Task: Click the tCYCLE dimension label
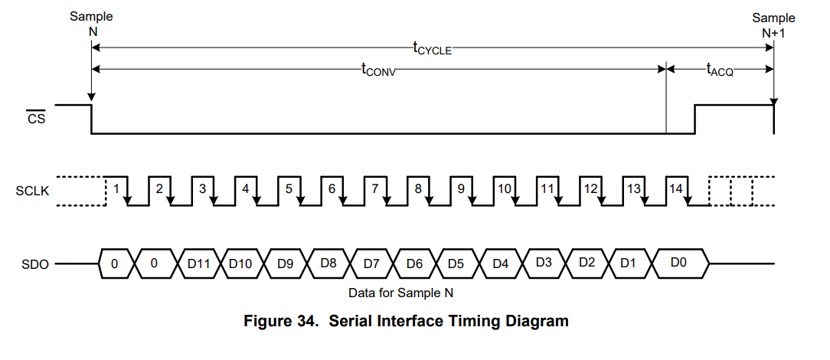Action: click(433, 48)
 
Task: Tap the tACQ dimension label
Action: click(720, 69)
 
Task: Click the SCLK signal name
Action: click(32, 191)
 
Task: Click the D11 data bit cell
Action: click(198, 263)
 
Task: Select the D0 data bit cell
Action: click(678, 263)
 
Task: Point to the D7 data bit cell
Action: click(371, 263)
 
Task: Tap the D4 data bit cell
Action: click(501, 263)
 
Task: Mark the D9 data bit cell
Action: click(285, 263)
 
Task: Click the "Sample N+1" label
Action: click(773, 25)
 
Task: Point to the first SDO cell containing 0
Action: click(114, 263)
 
